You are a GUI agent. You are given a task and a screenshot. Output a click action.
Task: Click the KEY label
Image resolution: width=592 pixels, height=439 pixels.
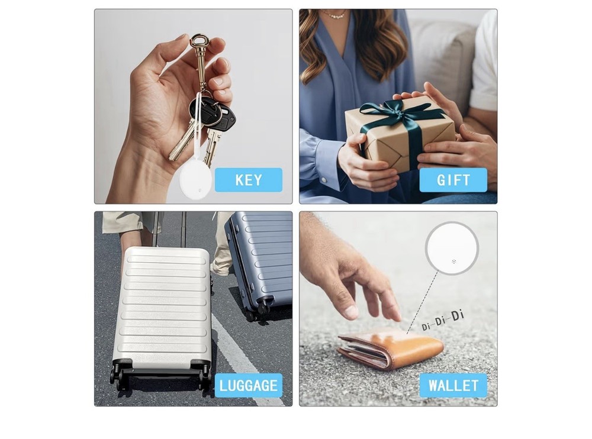point(248,180)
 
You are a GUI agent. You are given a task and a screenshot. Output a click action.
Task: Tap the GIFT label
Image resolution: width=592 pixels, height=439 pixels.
point(453,180)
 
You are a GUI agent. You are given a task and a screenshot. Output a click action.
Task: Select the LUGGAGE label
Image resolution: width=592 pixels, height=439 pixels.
point(248,386)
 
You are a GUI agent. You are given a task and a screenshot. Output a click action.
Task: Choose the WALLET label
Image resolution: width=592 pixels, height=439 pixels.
point(453,386)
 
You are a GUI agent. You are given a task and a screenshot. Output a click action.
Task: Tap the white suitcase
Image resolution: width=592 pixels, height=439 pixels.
point(162,308)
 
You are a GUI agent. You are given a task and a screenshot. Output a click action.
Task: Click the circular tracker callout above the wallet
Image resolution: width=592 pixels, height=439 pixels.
point(452,248)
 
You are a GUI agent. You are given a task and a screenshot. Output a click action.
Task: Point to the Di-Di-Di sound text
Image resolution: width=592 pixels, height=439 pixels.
point(443,320)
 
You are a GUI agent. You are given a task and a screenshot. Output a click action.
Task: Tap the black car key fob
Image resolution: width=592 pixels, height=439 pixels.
point(214,114)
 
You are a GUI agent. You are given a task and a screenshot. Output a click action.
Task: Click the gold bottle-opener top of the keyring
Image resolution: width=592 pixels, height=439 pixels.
point(200,45)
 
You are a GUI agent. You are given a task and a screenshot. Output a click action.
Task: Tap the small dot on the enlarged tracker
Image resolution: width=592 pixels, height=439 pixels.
point(453,261)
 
